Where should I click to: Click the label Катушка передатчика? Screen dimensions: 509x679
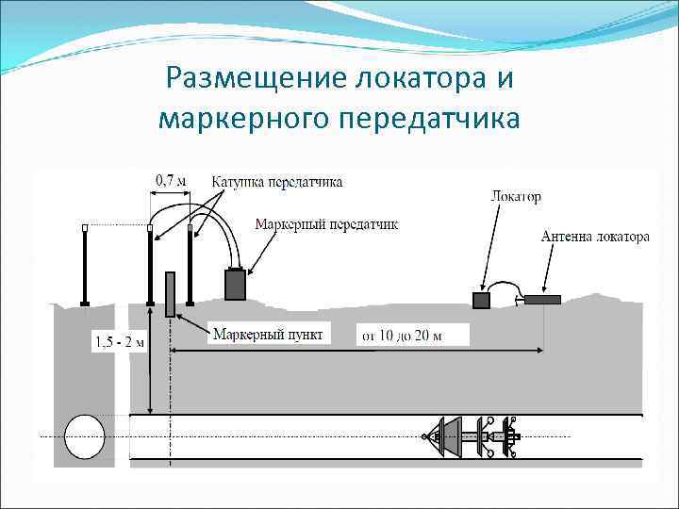pos(276,182)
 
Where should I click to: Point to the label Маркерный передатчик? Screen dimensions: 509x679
pos(327,224)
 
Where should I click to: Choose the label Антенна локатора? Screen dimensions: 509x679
pos(594,237)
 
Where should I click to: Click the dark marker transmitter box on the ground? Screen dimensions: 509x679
pos(235,285)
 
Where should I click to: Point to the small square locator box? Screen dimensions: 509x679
pos(481,300)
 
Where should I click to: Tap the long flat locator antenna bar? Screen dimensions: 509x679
pos(542,300)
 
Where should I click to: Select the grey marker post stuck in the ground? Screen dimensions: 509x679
pos(170,293)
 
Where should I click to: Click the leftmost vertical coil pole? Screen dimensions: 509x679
pos(85,267)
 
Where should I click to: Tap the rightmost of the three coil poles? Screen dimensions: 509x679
pos(190,267)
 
